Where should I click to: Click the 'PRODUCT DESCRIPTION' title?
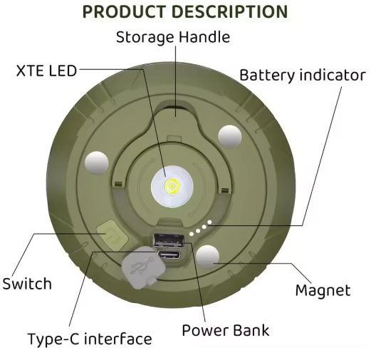pos(185,11)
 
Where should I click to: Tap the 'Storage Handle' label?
pos(173,37)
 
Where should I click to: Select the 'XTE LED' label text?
pos(46,71)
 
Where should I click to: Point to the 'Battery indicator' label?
pos(303,75)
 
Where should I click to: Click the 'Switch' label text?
pos(27,284)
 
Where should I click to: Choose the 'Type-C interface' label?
pos(90,339)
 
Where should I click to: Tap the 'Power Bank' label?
pos(226,330)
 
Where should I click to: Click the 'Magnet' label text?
pos(323,290)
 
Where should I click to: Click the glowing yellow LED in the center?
pos(172,185)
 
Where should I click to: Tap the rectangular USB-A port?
pos(169,240)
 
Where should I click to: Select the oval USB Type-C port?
pos(169,255)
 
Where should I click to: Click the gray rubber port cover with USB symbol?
pos(142,267)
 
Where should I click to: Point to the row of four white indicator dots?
pos(200,228)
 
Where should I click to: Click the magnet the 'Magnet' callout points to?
pos(208,257)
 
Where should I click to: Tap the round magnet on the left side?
pos(97,163)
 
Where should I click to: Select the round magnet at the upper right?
pos(229,136)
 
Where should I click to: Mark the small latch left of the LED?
pos(118,184)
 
